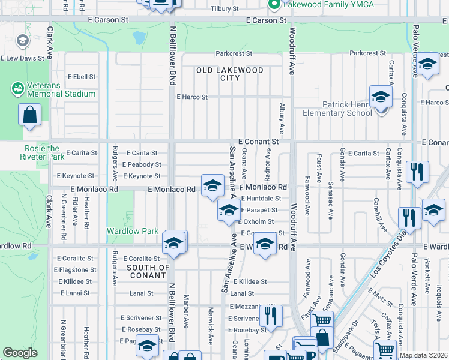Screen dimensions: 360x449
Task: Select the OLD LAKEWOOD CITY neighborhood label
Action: click(230, 74)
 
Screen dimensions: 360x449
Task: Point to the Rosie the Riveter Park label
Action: click(42, 152)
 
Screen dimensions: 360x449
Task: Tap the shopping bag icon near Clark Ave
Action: click(30, 115)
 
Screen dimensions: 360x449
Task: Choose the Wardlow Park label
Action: click(133, 231)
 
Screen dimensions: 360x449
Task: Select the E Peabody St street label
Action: click(141, 164)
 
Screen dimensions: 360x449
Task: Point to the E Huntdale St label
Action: click(261, 199)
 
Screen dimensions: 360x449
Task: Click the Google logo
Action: click(20, 353)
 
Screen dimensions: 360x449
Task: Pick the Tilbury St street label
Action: click(224, 9)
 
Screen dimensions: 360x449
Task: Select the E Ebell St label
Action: click(82, 77)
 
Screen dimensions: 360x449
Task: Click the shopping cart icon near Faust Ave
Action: click(322, 321)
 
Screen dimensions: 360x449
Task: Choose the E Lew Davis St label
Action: click(23, 59)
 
